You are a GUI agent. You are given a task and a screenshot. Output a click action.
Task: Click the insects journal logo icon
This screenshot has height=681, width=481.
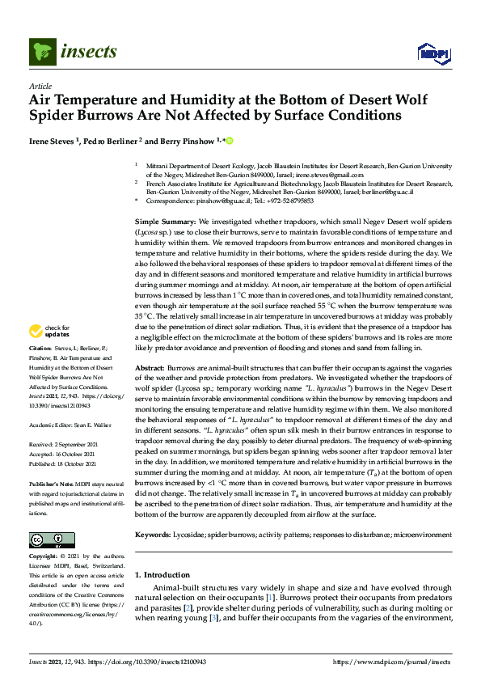click(x=41, y=53)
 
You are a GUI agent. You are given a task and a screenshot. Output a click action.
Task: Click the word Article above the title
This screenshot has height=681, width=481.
click(x=40, y=86)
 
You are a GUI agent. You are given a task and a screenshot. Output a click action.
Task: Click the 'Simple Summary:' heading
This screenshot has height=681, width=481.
click(x=165, y=222)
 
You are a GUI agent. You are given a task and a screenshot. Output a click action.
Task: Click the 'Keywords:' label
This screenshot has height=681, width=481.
click(x=153, y=535)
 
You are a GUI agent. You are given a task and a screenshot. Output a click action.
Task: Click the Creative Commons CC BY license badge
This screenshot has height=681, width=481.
click(x=47, y=540)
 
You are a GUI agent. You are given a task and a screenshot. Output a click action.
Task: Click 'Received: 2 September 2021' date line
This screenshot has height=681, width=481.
click(x=68, y=445)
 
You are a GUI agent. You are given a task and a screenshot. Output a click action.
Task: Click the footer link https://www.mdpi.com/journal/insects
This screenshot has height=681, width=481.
click(x=393, y=662)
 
